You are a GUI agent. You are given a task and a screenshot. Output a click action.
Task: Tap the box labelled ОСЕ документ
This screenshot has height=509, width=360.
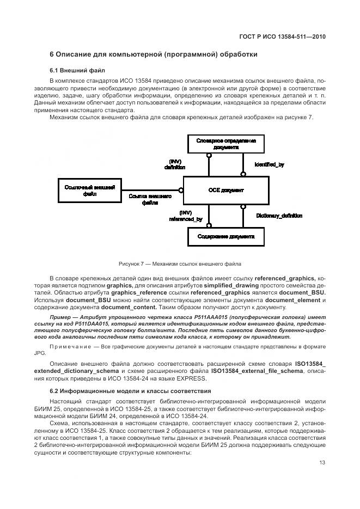click(225, 191)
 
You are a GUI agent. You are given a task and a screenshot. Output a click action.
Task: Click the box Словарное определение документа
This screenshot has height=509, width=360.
click(225, 144)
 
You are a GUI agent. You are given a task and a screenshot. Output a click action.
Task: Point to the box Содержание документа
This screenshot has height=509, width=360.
click(225, 237)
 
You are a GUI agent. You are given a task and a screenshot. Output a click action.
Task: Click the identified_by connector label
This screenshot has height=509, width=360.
click(269, 164)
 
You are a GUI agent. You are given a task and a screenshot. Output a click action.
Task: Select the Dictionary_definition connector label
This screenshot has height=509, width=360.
click(279, 216)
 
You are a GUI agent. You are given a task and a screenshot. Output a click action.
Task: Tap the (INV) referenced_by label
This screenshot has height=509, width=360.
click(186, 216)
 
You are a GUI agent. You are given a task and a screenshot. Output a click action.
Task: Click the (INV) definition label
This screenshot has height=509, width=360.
click(175, 164)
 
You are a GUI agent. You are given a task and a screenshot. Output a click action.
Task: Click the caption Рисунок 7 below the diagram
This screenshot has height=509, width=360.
click(180, 264)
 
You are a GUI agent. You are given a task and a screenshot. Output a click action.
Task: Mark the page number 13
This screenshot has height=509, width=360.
click(322, 463)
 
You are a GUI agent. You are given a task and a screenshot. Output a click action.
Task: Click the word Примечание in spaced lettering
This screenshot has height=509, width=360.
click(68, 346)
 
